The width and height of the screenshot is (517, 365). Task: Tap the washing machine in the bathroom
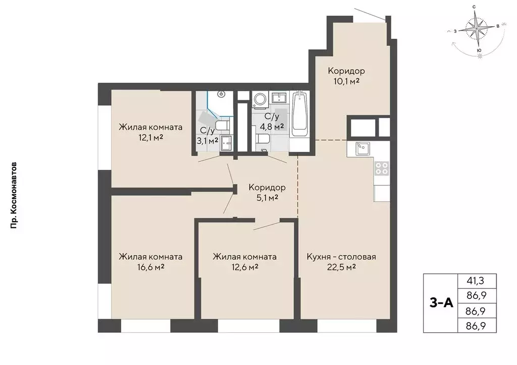[262, 100]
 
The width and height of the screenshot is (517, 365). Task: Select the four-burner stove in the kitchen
[382, 168]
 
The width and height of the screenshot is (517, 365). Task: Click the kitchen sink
[363, 148]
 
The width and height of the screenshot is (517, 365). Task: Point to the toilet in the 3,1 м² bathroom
[223, 125]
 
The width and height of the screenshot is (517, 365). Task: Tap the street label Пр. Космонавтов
[14, 196]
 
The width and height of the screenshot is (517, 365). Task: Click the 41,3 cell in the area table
[477, 281]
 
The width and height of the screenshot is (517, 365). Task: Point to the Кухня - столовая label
[341, 257]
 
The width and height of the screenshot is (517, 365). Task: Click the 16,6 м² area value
[150, 267]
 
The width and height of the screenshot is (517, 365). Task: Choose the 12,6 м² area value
[245, 267]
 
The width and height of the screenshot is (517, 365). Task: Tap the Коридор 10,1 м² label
[346, 76]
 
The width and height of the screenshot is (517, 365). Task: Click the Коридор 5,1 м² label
[267, 193]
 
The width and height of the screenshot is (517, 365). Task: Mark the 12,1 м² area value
[150, 137]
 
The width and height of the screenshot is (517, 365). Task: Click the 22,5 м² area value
[341, 267]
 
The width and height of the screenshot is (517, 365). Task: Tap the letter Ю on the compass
[479, 50]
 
